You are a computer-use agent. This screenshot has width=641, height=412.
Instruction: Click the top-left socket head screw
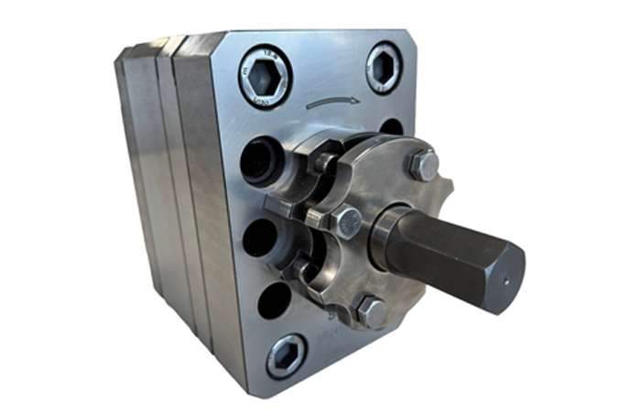pyautogui.click(x=266, y=76)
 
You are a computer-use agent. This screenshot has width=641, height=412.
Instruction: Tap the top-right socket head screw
pyautogui.click(x=384, y=67)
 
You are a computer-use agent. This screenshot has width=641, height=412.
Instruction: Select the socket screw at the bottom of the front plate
pyautogui.click(x=287, y=355)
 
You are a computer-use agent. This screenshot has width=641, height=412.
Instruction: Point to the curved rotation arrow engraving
pyautogui.click(x=332, y=104)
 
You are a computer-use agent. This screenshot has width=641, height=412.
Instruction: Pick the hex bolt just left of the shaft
pyautogui.click(x=347, y=222)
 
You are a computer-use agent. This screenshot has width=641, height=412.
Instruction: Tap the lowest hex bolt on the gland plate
pyautogui.click(x=371, y=311)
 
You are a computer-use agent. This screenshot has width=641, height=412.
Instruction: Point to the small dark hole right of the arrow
pyautogui.click(x=391, y=126)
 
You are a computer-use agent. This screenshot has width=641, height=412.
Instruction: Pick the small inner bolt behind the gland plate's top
pyautogui.click(x=325, y=163)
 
